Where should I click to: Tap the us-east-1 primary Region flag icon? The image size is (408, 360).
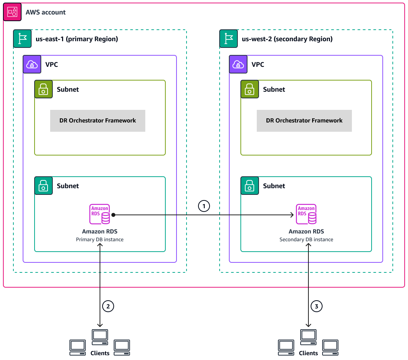22,39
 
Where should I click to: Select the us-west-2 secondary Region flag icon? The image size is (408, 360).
229,39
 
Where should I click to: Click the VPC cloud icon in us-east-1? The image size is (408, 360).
32,65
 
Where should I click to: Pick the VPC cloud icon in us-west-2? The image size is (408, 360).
238,65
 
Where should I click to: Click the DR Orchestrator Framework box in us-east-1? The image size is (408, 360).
98,121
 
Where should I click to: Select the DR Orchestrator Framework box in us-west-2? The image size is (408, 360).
304,121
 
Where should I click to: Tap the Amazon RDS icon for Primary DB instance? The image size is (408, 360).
100,214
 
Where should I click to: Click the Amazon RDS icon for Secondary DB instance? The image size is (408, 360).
306,214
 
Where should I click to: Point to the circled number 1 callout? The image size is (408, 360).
204,206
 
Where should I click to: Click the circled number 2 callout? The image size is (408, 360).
108,306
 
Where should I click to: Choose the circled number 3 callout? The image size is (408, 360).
317,306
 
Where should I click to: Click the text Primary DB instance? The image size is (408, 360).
100,240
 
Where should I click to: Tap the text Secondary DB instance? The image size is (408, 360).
306,240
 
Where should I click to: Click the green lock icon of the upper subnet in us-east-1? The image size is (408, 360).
43,89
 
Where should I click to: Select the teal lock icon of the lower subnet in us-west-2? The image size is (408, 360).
250,186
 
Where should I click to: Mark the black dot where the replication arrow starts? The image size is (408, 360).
113,215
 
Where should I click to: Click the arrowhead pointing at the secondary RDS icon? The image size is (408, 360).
292,215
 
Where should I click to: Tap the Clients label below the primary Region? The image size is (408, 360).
100,353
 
